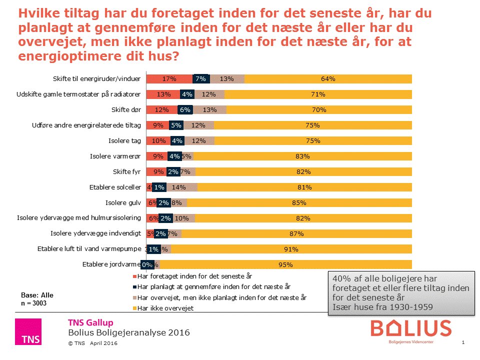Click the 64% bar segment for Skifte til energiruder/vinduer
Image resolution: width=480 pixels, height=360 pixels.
point(328,78)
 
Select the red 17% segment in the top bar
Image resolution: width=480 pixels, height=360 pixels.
point(169,78)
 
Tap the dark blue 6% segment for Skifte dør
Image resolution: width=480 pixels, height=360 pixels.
point(185,110)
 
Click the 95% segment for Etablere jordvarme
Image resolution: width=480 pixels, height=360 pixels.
point(286,265)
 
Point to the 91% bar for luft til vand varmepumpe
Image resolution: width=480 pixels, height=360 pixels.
point(291,249)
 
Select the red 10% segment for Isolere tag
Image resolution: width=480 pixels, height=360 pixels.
point(158,141)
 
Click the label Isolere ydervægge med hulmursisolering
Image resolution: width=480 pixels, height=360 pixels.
point(80,218)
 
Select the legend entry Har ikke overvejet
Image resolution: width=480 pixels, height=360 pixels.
point(165,308)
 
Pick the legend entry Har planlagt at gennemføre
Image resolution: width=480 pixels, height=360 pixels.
point(213,287)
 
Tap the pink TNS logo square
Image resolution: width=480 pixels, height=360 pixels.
point(28,331)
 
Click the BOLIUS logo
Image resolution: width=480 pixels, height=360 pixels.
point(410,329)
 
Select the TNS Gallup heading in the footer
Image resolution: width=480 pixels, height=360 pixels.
point(90,322)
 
